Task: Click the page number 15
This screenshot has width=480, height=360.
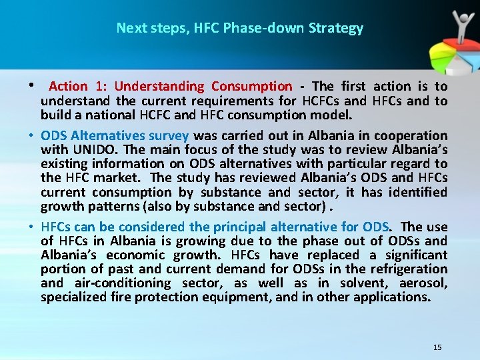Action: [x=437, y=347]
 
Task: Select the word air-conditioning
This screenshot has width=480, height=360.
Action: [x=118, y=283]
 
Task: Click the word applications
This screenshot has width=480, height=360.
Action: [x=396, y=297]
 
